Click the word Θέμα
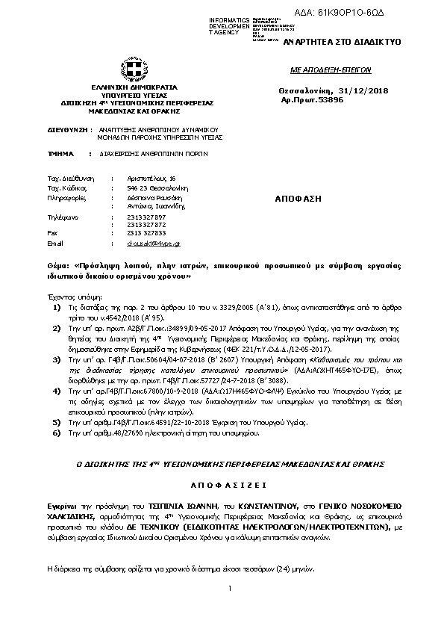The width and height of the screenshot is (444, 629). point(57,265)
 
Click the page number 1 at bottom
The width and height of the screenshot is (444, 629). point(231,589)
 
